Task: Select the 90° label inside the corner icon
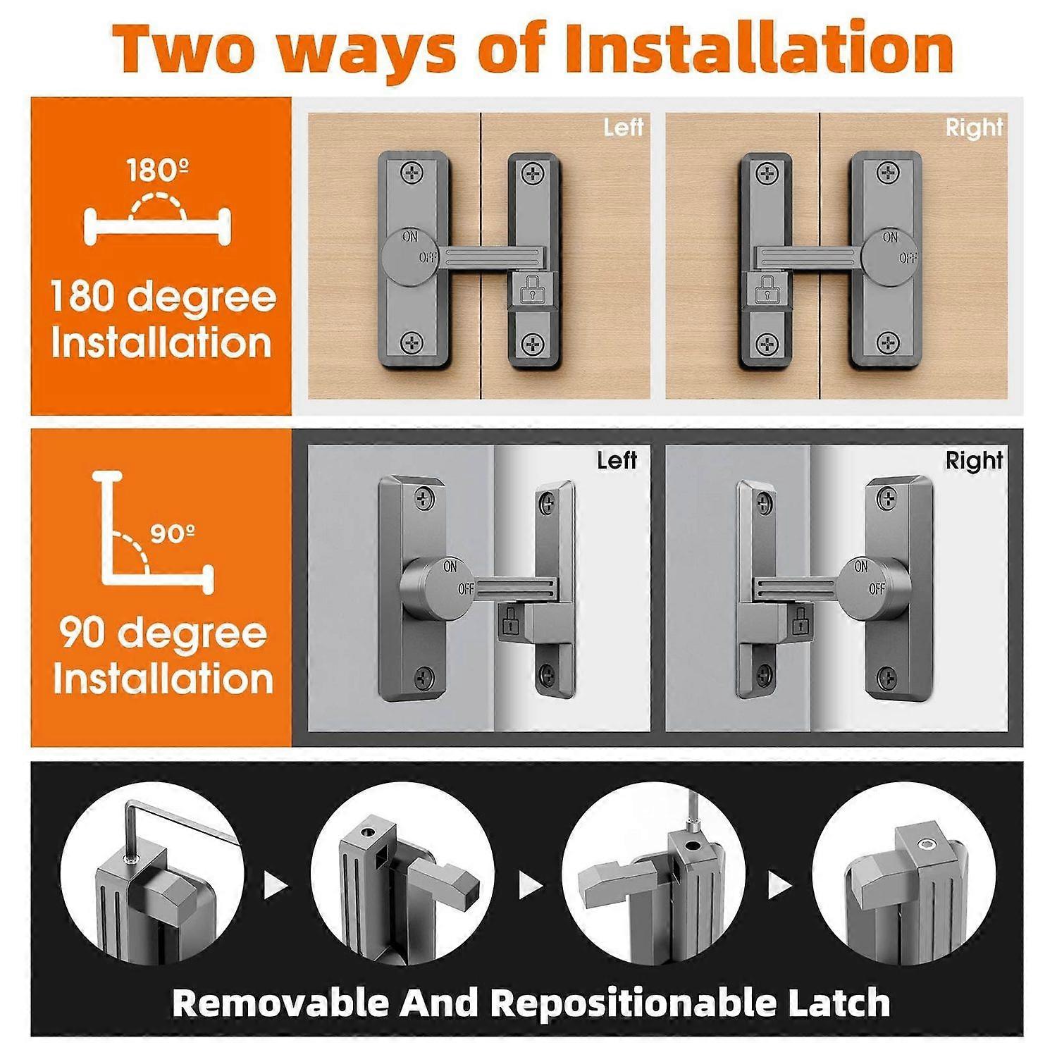pos(172,533)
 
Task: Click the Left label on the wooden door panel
pos(623,128)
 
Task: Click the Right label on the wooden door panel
pos(974,128)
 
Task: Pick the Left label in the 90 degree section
pos(617,460)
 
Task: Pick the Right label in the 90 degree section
pos(974,460)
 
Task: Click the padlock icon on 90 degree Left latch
pos(509,621)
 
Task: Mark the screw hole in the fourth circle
pos(927,846)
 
